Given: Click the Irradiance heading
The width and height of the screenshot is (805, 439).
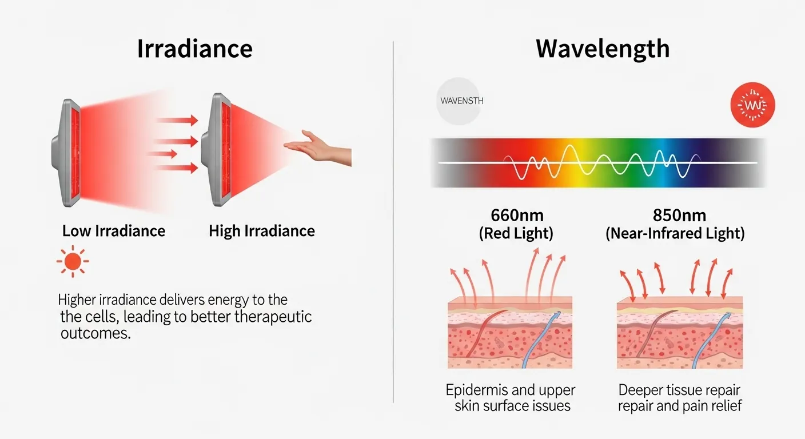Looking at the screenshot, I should [x=194, y=49].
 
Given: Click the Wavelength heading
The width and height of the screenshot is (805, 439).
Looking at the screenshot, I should [x=603, y=49].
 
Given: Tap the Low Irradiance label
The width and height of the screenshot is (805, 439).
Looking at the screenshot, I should [x=114, y=231].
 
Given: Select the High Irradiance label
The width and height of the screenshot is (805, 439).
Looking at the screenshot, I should [x=262, y=231].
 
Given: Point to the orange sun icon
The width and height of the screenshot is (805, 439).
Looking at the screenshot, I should [x=73, y=262].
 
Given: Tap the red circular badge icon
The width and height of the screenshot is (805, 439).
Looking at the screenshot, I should [x=753, y=105].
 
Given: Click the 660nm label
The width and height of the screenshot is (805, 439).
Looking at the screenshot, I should [x=517, y=215].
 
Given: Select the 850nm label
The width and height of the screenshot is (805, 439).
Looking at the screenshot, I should [x=679, y=215].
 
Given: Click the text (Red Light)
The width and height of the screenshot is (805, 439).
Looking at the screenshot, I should [x=517, y=233].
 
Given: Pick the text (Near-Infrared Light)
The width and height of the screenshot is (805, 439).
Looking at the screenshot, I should [x=675, y=233].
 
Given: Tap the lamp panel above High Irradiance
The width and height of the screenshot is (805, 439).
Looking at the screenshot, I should [x=221, y=150].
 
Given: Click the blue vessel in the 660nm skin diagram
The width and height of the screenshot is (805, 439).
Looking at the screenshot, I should [x=538, y=337].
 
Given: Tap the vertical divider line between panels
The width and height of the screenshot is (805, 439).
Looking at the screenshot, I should [x=393, y=229].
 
